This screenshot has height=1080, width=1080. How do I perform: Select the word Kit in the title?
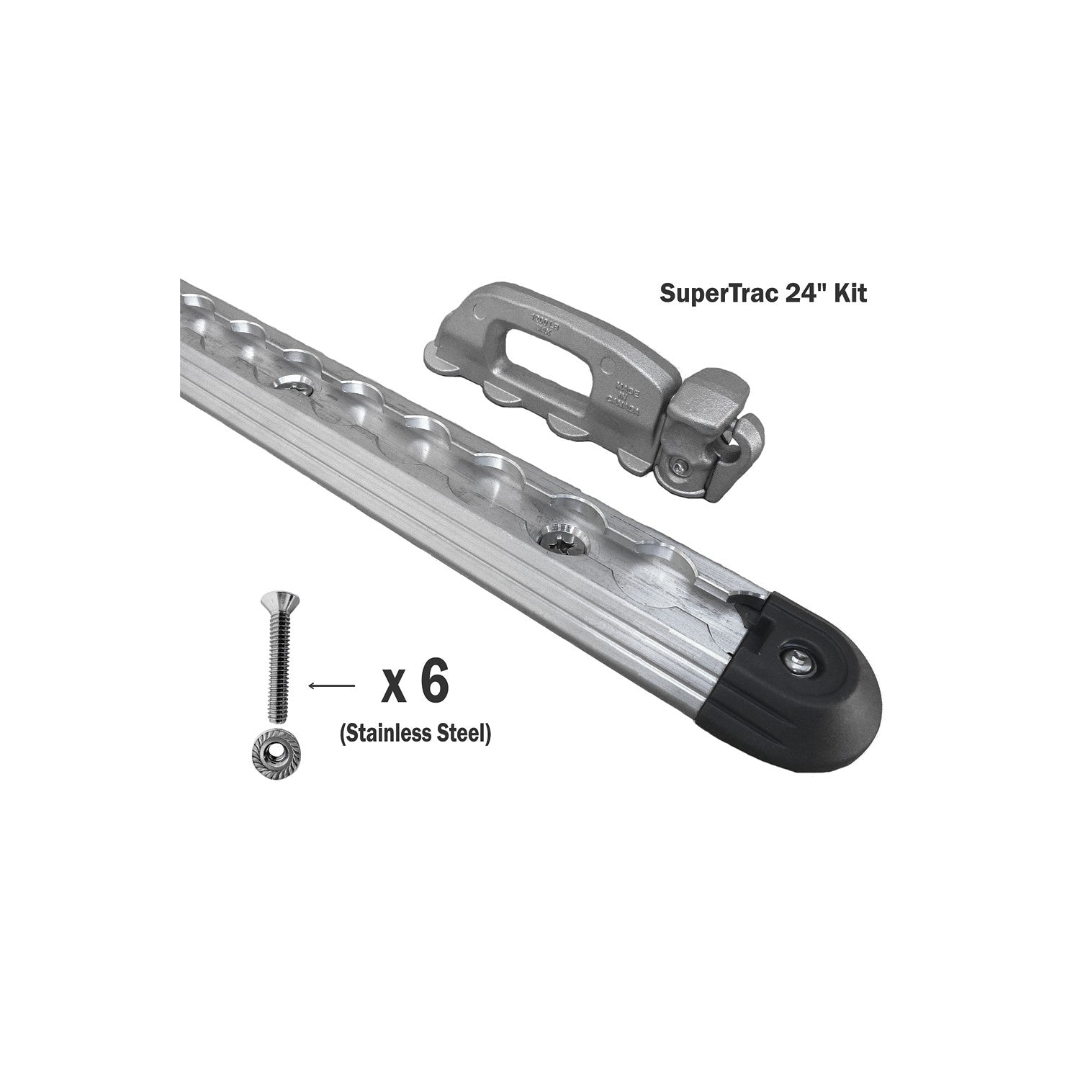850,295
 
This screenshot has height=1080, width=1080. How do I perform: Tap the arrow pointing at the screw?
330,686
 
